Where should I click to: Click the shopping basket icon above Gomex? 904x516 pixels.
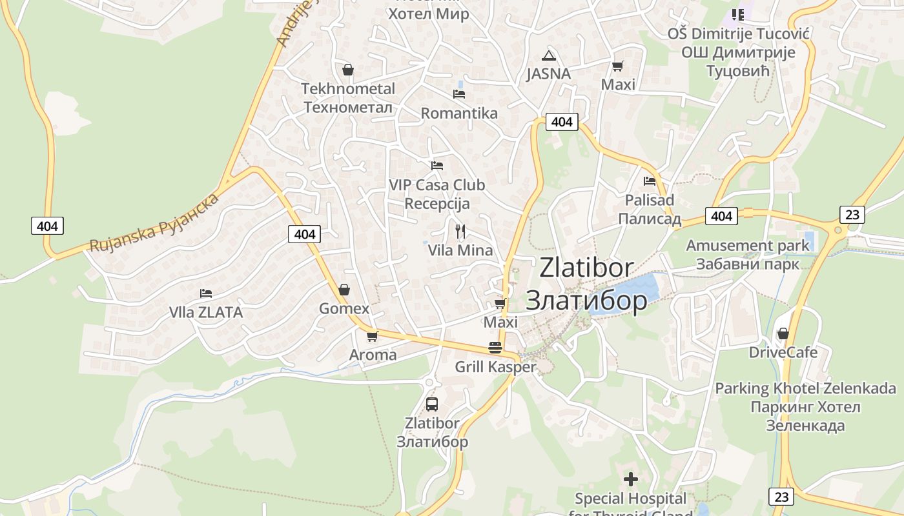(x=344, y=290)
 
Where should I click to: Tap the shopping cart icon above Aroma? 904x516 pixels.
(x=372, y=336)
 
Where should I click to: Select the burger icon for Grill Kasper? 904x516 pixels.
(x=495, y=348)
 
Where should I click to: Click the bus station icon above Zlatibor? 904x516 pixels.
(x=432, y=404)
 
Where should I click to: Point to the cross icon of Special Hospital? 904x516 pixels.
(x=631, y=479)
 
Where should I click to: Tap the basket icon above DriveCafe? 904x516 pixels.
(x=783, y=333)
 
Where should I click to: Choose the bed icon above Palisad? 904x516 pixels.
(x=650, y=181)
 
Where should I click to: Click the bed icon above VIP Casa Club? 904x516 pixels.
(x=437, y=166)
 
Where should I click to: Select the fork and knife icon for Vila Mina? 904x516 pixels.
(x=460, y=231)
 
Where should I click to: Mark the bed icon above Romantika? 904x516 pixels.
(x=459, y=94)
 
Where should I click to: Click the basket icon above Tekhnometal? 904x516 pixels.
(x=348, y=70)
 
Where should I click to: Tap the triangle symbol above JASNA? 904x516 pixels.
(x=548, y=55)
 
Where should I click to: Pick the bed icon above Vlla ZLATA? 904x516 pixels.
(x=206, y=293)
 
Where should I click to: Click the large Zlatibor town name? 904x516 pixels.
(x=586, y=284)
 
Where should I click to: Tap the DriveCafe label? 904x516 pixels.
(x=783, y=352)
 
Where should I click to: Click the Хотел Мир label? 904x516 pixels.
(x=429, y=14)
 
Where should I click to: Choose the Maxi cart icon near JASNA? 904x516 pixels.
(x=618, y=66)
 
